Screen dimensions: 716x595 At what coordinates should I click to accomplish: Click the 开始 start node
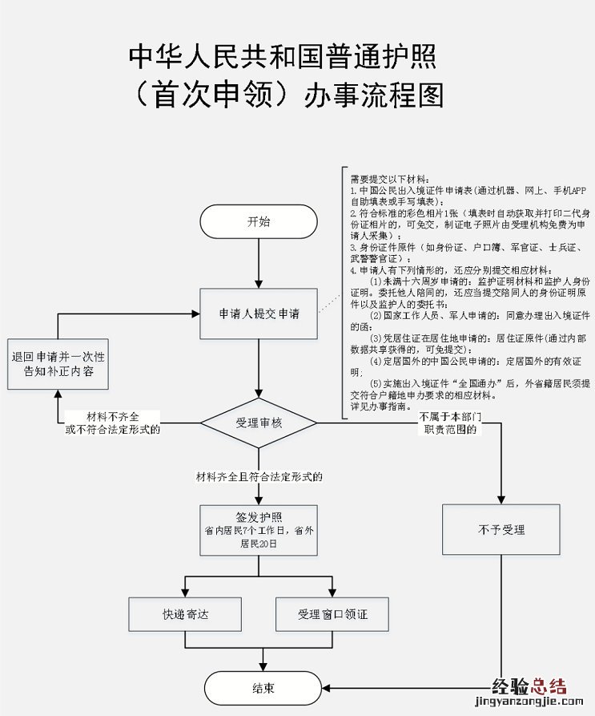[258, 221]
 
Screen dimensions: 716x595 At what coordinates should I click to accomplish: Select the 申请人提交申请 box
[258, 314]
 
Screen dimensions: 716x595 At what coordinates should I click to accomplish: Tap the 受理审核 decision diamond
[258, 422]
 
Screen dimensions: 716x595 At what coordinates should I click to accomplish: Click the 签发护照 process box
[258, 529]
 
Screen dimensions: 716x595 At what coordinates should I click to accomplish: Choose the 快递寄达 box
[185, 614]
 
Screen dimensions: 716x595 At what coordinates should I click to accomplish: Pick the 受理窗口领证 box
[332, 614]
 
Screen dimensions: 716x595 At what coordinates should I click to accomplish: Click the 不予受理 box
[501, 530]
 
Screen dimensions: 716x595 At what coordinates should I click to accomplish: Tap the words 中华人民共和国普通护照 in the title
[283, 59]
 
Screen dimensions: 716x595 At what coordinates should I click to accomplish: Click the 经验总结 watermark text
[529, 686]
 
